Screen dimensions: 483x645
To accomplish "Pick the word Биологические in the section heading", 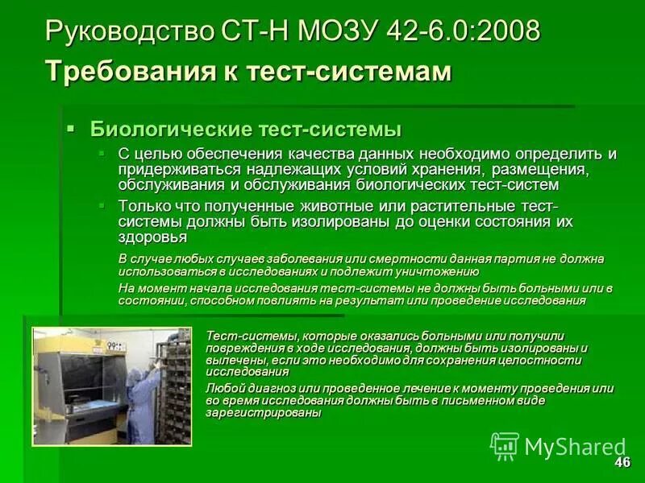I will coord(170,129).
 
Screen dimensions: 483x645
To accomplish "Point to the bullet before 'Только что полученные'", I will coord(102,206).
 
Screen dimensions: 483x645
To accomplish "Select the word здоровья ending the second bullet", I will coord(152,237).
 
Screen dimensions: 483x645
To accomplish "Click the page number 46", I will coord(622,462).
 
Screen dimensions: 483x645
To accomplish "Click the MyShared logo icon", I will coord(505,446).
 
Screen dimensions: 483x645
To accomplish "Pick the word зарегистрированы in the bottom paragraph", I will coord(264,412).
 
